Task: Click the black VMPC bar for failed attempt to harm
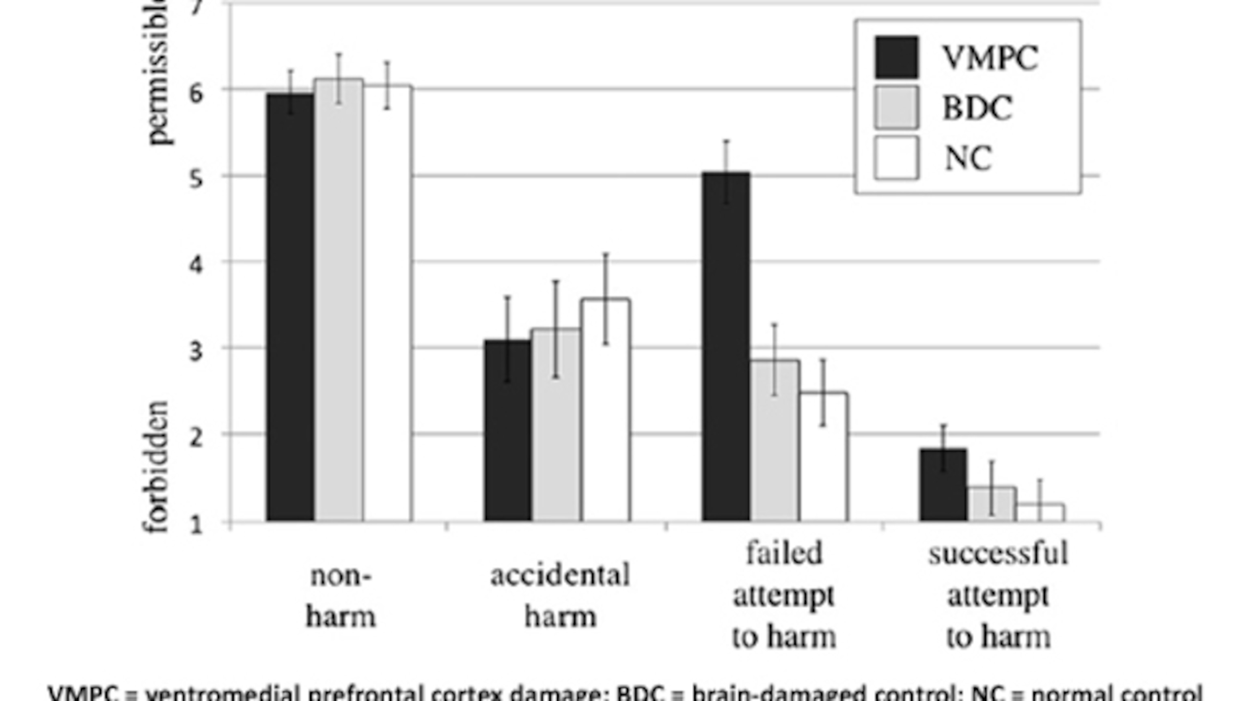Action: pos(726,349)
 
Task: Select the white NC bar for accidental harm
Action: pos(606,412)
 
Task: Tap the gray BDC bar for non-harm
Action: pos(339,300)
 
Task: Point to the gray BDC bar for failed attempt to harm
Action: pos(775,440)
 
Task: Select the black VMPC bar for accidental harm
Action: pos(507,431)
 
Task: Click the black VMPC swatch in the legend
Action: pos(896,57)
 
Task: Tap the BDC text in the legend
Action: pos(977,108)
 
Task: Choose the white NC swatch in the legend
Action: pos(896,158)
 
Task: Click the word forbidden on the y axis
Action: pos(156,467)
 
